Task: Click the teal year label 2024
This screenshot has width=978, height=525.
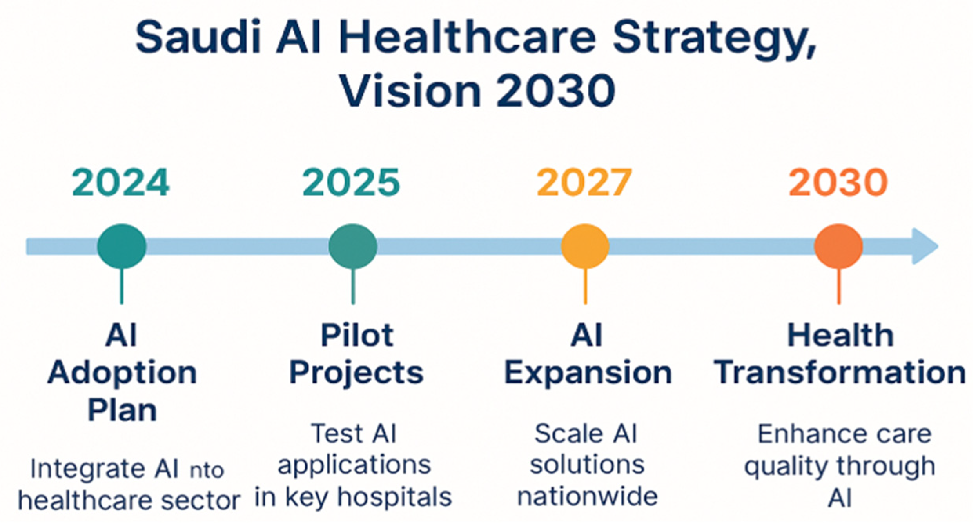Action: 121,182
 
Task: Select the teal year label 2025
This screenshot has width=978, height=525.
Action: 351,182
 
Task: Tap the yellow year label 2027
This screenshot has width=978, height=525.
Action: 584,182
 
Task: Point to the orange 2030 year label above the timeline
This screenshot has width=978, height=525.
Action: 838,182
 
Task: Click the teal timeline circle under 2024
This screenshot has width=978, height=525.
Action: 122,246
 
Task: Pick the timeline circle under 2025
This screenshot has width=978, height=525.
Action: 353,246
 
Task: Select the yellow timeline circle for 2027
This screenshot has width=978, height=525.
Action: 585,246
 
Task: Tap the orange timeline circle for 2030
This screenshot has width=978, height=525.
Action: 838,246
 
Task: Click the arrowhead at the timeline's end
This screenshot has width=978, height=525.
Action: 925,246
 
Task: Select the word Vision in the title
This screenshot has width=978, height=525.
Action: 410,91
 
